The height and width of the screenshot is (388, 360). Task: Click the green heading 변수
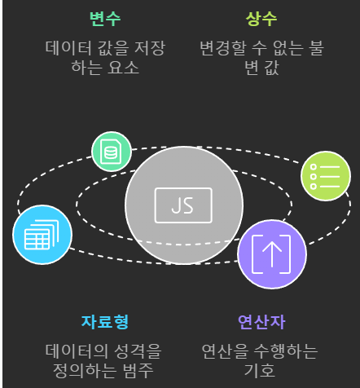105,19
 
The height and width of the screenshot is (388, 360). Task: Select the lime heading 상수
261,19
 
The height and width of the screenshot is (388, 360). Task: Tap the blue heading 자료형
105,322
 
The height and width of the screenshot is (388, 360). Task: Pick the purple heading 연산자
261,322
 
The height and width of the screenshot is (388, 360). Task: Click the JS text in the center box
182,205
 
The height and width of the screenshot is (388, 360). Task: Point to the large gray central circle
184,205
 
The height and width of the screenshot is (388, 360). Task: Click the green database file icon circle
112,152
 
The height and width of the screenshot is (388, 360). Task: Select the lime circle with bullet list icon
326,176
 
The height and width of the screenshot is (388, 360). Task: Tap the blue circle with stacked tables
42,235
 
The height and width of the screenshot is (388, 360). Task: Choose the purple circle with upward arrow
272,254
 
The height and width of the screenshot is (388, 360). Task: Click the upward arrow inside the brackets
272,254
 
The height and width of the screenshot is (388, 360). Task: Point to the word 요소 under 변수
123,68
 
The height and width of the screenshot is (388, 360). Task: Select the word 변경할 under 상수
223,48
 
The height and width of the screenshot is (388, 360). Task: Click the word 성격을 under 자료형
138,351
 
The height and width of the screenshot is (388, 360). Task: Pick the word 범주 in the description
138,371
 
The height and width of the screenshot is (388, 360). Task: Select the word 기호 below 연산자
260,371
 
